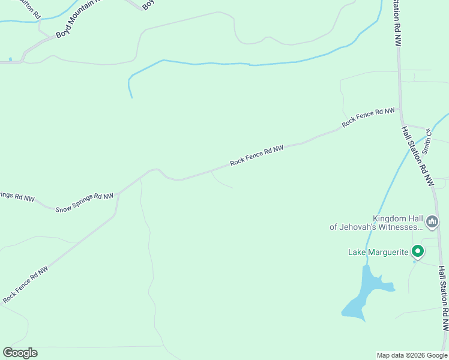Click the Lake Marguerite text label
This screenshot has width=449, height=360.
pyautogui.click(x=378, y=252)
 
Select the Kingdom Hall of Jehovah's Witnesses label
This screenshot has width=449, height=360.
pyautogui.click(x=376, y=223)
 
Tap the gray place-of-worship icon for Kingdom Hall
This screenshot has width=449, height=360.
pyautogui.click(x=432, y=223)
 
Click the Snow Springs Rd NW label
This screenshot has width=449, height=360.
pyautogui.click(x=85, y=203)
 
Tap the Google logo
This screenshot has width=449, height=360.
pyautogui.click(x=20, y=353)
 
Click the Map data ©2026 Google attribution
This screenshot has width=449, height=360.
pyautogui.click(x=412, y=355)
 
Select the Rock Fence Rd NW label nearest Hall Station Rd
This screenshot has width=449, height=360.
pyautogui.click(x=369, y=117)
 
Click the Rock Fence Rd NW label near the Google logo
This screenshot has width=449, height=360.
pyautogui.click(x=25, y=284)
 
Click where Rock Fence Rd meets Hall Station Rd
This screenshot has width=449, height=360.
pyautogui.click(x=399, y=107)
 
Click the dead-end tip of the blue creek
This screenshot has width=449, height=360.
pyautogui.click(x=131, y=97)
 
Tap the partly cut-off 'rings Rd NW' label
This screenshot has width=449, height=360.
pyautogui.click(x=17, y=196)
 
